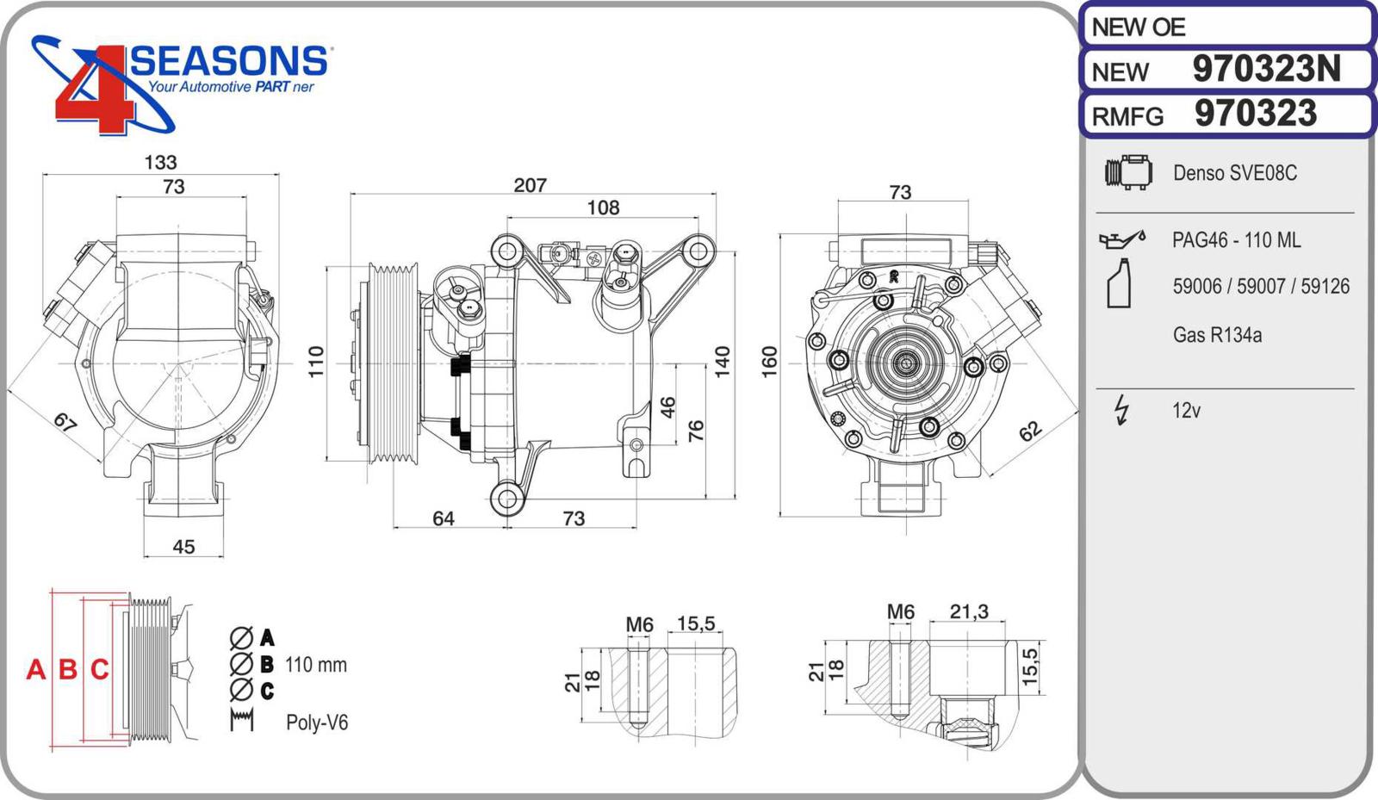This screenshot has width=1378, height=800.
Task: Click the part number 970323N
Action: click(x=1265, y=69)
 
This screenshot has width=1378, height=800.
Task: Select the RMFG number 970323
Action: click(x=1255, y=114)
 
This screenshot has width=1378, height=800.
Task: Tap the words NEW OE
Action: click(x=1138, y=28)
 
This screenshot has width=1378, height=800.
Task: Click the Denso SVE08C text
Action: click(x=1234, y=173)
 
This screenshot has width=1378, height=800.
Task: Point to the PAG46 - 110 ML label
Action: click(x=1236, y=240)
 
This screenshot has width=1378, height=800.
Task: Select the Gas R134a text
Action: click(x=1217, y=335)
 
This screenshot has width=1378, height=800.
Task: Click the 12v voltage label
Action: click(x=1186, y=411)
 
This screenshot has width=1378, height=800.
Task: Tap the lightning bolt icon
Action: click(x=1121, y=410)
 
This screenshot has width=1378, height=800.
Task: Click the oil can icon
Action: click(x=1121, y=238)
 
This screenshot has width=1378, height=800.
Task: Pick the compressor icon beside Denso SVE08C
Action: click(x=1128, y=173)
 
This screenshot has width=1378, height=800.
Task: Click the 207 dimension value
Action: click(x=530, y=185)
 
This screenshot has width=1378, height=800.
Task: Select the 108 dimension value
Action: click(x=603, y=208)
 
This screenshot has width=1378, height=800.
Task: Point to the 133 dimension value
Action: click(x=160, y=162)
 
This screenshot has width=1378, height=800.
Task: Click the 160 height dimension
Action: click(x=769, y=361)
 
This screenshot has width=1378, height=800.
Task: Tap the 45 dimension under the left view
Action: click(x=183, y=547)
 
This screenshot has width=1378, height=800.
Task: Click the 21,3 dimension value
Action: click(x=968, y=611)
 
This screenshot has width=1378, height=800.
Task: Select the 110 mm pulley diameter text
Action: click(x=315, y=665)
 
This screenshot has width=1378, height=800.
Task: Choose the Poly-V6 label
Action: click(x=317, y=722)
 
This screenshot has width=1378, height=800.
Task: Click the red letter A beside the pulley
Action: click(x=35, y=669)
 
